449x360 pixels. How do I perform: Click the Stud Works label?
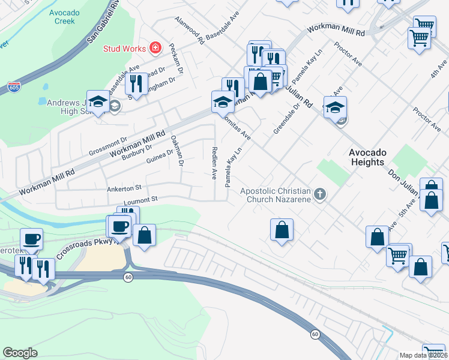(x=125, y=48)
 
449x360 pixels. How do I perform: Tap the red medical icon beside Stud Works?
(x=155, y=47)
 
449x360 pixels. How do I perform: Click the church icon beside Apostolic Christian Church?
(x=320, y=194)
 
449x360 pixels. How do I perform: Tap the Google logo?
(x=20, y=352)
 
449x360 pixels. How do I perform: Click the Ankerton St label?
(x=123, y=188)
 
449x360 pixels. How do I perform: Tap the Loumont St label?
(x=140, y=199)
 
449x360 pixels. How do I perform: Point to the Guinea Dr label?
(x=159, y=156)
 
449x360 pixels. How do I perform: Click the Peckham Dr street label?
(x=175, y=55)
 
